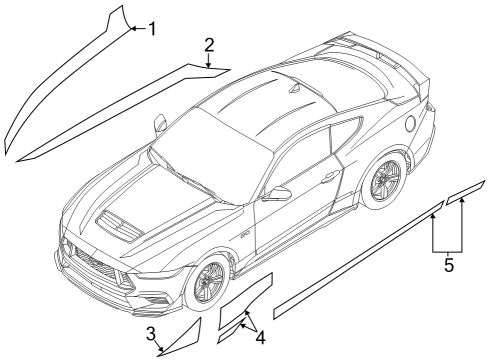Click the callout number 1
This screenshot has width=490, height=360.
pos(152,29)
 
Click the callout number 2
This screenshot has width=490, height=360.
pos(209,45)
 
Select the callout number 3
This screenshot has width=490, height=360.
pos(149,333)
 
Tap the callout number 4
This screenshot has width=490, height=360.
pos(261,337)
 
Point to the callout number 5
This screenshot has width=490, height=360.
pos(448,266)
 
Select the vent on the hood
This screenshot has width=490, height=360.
pos(121,224)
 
